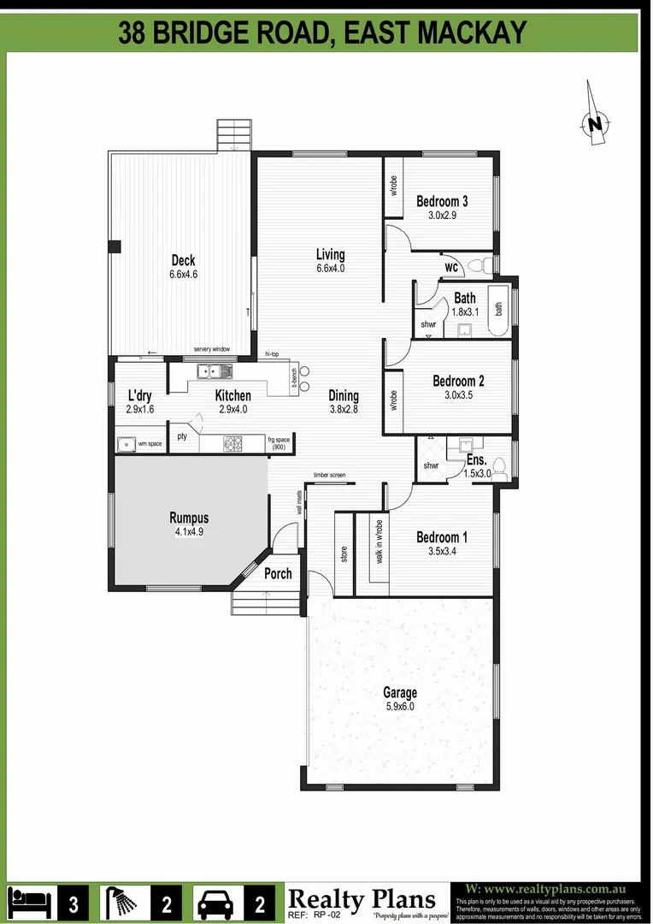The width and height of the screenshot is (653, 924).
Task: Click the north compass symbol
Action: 595,123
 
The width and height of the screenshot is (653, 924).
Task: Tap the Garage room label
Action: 400,693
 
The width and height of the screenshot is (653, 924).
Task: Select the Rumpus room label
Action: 189,518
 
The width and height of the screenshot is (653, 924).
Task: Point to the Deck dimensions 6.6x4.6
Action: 183,275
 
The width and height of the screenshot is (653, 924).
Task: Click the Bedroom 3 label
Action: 442,202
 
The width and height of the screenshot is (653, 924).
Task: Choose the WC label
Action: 451,268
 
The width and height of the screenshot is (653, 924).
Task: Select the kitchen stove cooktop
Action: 232,443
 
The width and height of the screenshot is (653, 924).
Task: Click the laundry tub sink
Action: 126,444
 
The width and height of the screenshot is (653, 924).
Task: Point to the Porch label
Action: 278,574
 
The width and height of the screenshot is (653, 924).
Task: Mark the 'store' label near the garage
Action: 344,554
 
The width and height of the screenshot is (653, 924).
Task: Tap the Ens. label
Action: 476,460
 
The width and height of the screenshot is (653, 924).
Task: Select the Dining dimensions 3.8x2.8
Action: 344,410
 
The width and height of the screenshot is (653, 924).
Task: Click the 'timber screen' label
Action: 329,475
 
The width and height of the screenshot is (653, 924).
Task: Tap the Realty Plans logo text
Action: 362,899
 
